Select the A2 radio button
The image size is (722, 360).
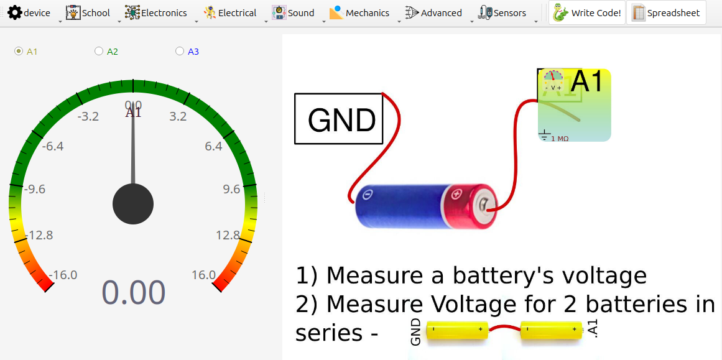point(99,52)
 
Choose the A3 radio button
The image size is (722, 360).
point(180,52)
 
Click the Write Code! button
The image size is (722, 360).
point(587,12)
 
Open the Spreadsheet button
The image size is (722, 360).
point(666,12)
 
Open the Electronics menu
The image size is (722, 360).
point(155,12)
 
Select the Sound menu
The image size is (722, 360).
point(294,12)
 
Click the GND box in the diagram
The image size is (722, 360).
point(338,119)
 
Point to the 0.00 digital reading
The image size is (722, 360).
point(134,293)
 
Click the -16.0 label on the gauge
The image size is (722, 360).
point(62,275)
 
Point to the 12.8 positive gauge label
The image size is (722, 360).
point(228,235)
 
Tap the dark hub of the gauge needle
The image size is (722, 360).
point(133,204)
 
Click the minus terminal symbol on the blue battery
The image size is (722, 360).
point(368,195)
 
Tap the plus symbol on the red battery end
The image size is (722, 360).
point(457,195)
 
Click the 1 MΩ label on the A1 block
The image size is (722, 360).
point(559,139)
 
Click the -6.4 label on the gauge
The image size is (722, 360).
point(53,147)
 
